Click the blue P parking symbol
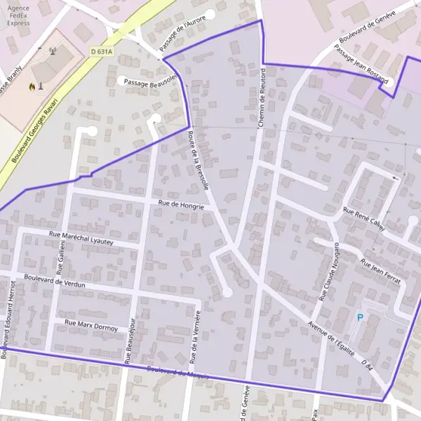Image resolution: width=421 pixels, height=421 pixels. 361,318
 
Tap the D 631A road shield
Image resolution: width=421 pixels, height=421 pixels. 102,51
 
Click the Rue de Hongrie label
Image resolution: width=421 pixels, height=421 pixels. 181,205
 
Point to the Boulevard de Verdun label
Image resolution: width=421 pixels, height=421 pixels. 54,281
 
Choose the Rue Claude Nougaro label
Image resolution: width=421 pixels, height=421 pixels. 329,272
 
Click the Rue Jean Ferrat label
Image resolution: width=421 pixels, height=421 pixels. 380,272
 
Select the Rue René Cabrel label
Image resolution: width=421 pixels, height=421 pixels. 364,218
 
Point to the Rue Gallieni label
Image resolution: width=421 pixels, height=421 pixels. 62,255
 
